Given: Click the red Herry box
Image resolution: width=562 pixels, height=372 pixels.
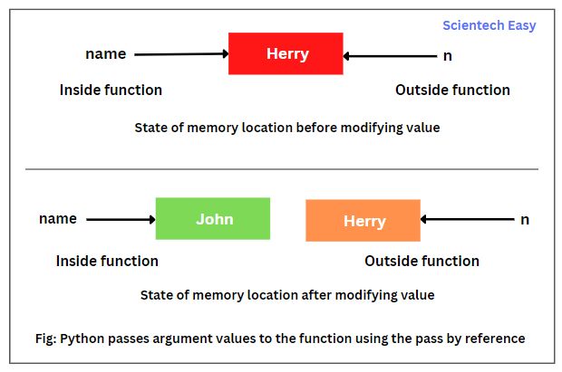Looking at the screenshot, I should [286, 53].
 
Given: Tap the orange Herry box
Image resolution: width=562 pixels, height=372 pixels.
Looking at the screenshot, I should [363, 221].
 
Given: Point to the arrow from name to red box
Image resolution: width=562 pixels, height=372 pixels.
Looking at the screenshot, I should [181, 54].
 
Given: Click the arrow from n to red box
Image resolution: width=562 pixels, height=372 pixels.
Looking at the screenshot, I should [390, 56].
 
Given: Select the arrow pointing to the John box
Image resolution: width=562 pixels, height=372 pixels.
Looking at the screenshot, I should [121, 219].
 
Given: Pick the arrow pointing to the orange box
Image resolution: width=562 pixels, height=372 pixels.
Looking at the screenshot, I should [467, 219].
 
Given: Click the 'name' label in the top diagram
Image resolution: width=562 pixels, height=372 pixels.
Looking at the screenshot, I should [105, 54].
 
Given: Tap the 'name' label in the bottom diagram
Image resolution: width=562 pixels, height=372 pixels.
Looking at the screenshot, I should [58, 219].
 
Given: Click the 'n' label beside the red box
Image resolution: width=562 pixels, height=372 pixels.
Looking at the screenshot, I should [447, 56].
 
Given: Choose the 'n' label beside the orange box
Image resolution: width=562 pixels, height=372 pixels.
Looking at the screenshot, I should [524, 219].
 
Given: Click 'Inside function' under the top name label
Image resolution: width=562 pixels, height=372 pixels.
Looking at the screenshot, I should [111, 90].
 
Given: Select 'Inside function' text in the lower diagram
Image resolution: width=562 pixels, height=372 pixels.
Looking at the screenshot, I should [107, 261].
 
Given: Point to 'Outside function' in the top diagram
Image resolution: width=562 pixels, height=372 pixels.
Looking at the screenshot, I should [452, 90].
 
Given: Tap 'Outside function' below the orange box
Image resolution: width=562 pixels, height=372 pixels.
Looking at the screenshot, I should [421, 261].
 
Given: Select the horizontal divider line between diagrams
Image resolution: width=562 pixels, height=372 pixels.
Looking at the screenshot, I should [281, 168].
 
